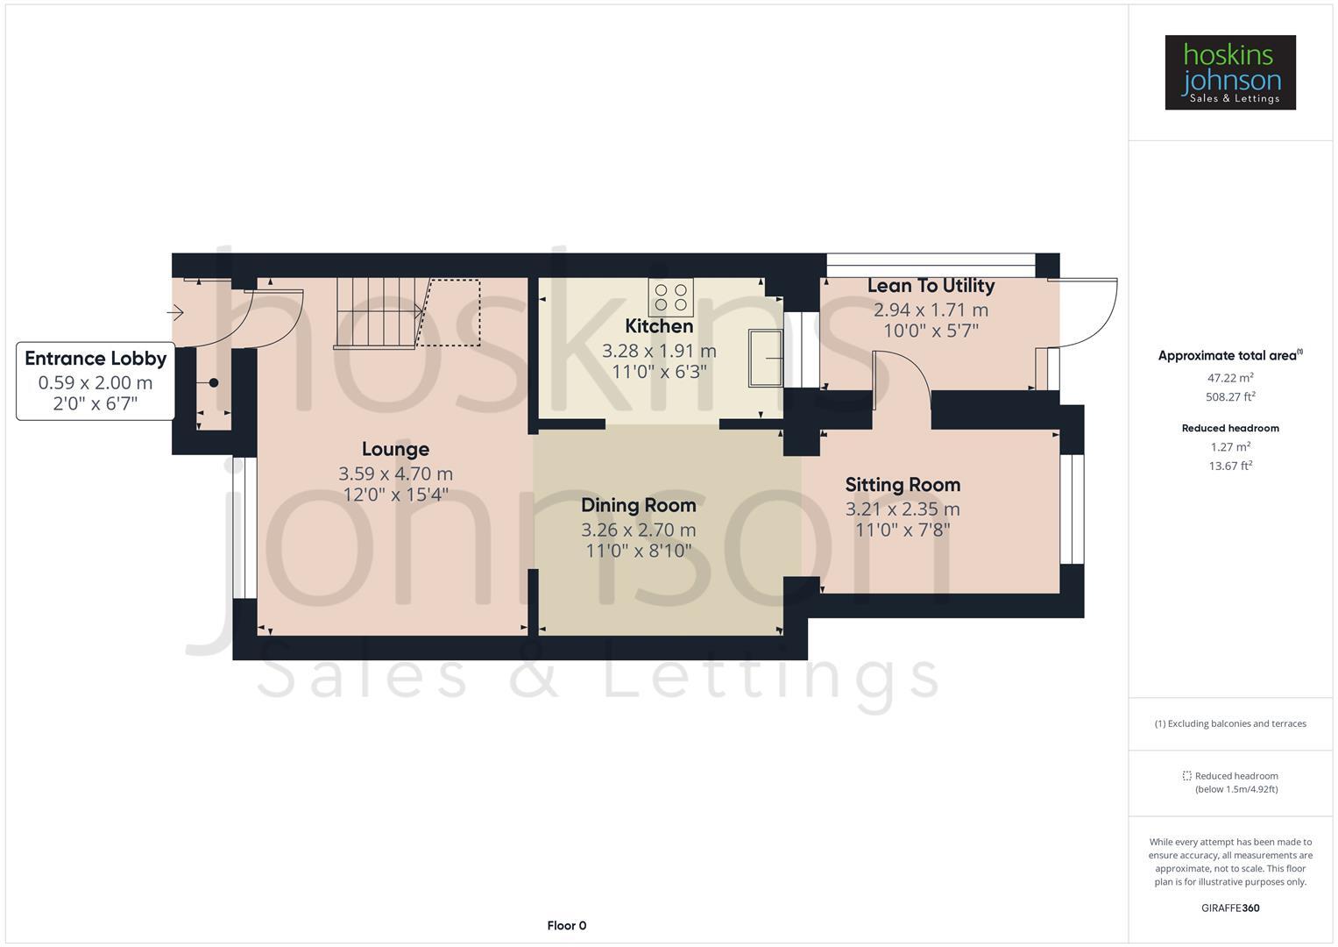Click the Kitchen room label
(659, 326)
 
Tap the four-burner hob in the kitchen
(670, 297)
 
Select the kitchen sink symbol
(765, 358)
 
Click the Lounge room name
(395, 449)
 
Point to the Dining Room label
(638, 505)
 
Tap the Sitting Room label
(903, 485)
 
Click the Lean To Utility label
(931, 286)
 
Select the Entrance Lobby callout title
(96, 358)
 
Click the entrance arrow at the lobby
(175, 312)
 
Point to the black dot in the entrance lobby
(213, 383)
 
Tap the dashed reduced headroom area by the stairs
(450, 312)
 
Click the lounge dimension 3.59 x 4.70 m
(395, 473)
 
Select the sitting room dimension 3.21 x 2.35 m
(903, 509)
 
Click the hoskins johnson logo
(1229, 73)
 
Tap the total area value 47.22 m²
(1230, 378)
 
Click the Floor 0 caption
(566, 925)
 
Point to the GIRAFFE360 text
(1230, 908)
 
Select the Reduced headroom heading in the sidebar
(1230, 428)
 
